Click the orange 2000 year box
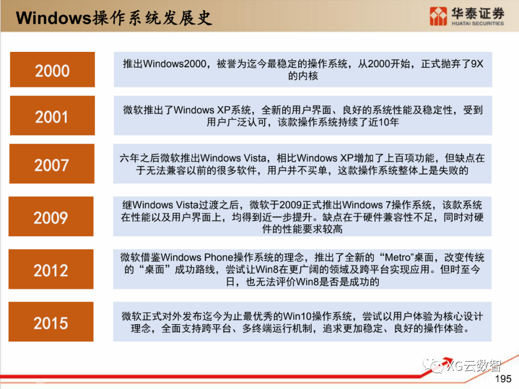[52, 70]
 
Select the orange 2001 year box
[52, 116]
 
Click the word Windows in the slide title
[53, 18]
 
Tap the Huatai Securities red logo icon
[439, 16]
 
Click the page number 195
[503, 379]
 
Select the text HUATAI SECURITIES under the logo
[478, 23]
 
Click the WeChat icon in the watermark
[437, 366]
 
